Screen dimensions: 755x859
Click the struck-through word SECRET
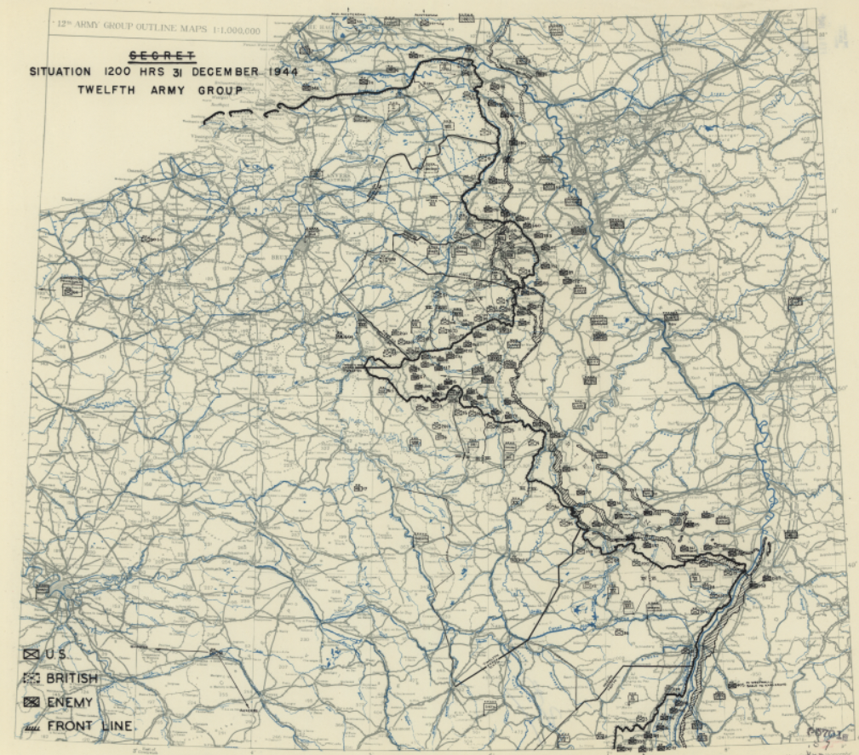pyautogui.click(x=162, y=56)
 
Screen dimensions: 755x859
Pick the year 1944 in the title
pyautogui.click(x=281, y=72)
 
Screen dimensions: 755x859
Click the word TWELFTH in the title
pyautogui.click(x=105, y=90)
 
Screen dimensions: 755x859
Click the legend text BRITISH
pyautogui.click(x=72, y=678)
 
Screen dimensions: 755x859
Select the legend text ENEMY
pyautogui.click(x=69, y=702)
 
